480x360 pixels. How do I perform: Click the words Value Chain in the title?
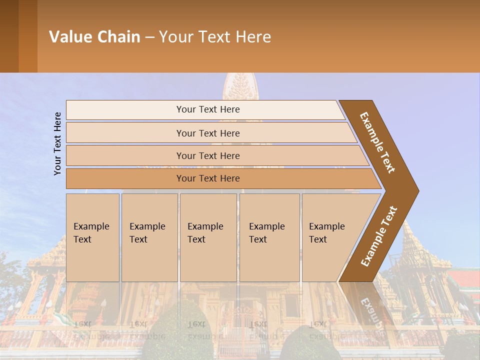[x=94, y=36]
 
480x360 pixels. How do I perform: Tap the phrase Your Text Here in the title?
[x=215, y=36]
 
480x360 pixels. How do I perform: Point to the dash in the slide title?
[x=149, y=37]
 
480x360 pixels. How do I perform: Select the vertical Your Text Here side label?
[x=57, y=143]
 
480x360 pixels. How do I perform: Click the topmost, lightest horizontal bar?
[x=207, y=109]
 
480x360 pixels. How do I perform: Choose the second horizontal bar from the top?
[x=207, y=133]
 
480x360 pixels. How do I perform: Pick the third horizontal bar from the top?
[x=207, y=155]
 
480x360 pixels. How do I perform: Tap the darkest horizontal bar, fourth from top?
[x=207, y=178]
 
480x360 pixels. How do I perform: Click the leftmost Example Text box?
[x=92, y=237]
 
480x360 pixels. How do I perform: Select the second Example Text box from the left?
[x=149, y=237]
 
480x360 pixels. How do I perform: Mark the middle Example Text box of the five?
[x=208, y=237]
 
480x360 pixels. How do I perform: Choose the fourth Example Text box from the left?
[x=269, y=237]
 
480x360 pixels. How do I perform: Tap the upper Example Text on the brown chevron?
[x=377, y=142]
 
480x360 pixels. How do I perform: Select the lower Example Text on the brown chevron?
[x=379, y=236]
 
